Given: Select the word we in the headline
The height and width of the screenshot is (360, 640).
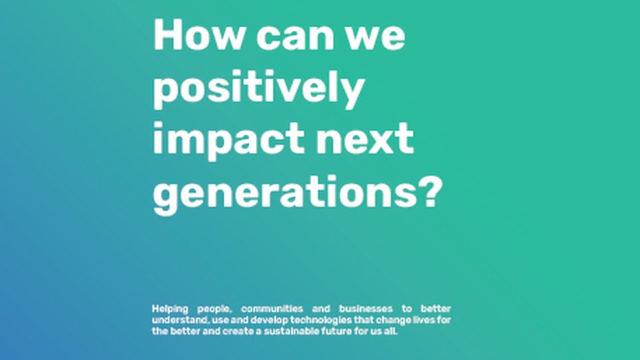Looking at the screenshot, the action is [375, 38].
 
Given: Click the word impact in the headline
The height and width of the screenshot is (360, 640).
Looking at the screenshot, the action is [229, 141].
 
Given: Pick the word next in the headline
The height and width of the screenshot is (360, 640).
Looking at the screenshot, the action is [365, 139].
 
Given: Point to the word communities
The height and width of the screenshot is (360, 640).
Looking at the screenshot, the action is [272, 309].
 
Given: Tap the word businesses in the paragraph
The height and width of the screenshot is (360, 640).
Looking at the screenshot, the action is [366, 309].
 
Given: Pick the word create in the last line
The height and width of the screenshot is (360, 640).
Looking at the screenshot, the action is [238, 331].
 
